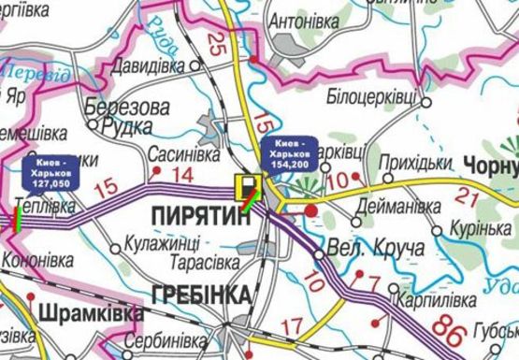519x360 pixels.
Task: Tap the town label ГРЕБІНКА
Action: (x=198, y=295)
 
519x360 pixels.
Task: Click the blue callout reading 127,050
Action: (x=50, y=174)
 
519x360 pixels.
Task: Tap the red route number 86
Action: (x=449, y=328)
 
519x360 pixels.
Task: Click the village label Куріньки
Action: (x=477, y=230)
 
